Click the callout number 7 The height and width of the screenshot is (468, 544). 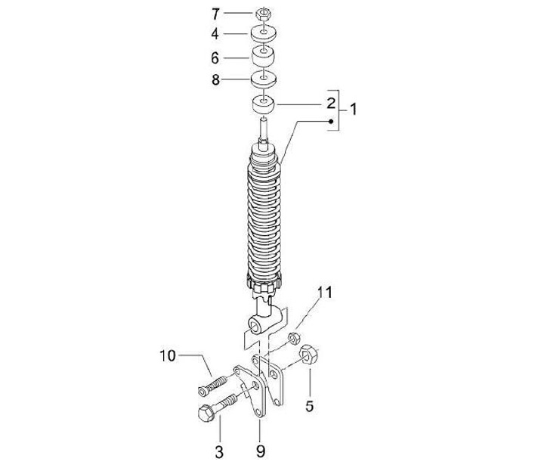[215, 14]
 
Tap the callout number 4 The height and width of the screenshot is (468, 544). [215, 34]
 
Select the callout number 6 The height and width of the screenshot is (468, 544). [215, 58]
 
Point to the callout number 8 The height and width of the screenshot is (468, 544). [215, 80]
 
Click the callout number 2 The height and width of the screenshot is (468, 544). [332, 104]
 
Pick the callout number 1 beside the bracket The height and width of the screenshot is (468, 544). [353, 110]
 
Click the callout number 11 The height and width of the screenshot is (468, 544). [325, 293]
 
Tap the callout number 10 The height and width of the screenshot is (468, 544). [168, 356]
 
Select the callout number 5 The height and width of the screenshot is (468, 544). [310, 406]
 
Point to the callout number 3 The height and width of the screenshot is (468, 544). [219, 452]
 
